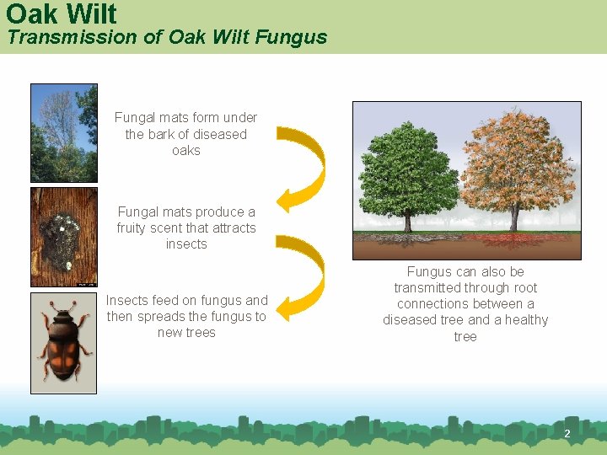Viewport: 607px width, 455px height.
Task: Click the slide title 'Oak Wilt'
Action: click(x=61, y=13)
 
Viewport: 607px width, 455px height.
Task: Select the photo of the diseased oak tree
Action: click(x=64, y=133)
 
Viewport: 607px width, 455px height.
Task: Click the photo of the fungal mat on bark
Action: click(x=64, y=237)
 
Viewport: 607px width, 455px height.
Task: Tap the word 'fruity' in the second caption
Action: click(x=134, y=228)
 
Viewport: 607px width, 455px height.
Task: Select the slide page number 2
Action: click(x=567, y=434)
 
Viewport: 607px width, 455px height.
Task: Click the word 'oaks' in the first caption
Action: click(x=186, y=151)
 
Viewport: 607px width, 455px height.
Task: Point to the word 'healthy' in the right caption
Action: click(x=527, y=320)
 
